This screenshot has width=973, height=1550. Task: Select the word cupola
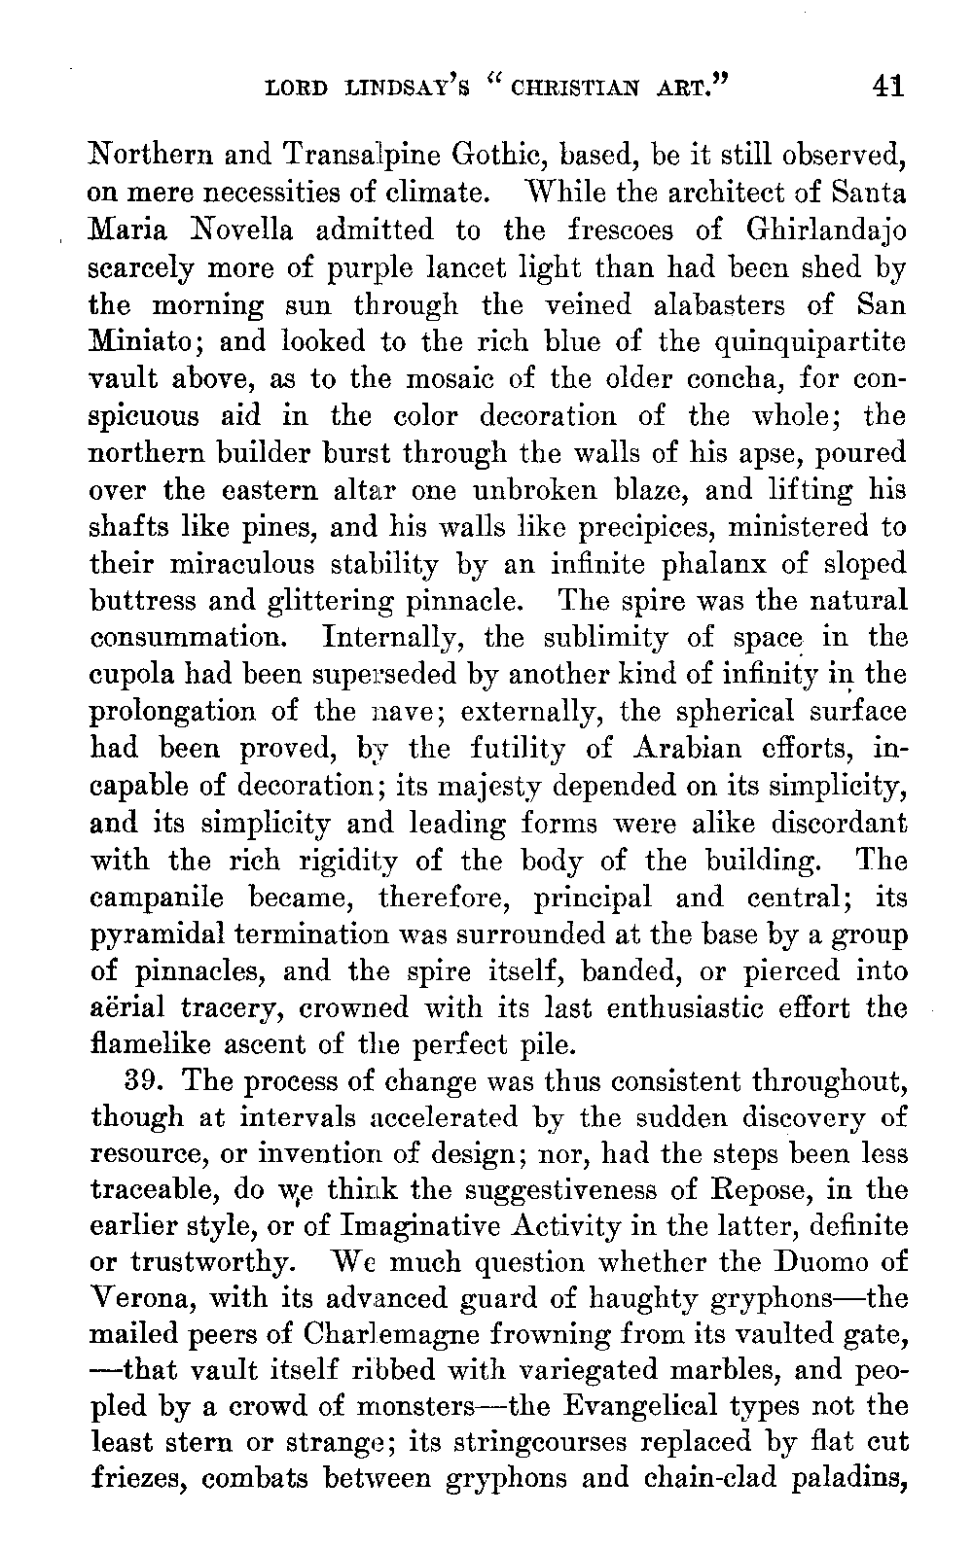[126, 675]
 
